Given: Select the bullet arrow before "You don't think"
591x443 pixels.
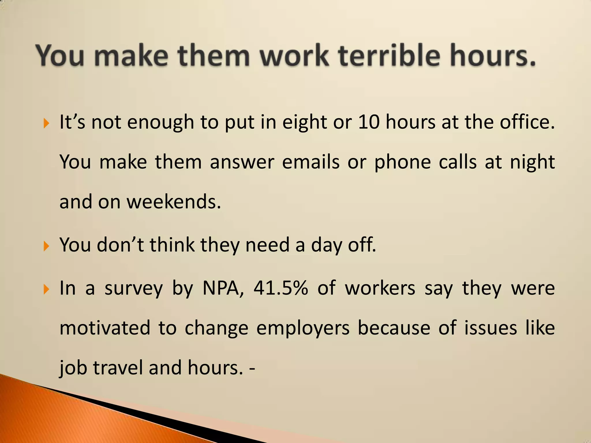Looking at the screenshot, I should pos(46,247).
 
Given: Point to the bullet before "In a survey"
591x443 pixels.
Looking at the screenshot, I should pos(46,289).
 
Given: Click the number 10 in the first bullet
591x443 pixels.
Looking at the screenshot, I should pos(369,122).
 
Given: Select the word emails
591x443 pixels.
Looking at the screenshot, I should pos(311,162).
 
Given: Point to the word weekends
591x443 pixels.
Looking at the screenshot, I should pos(174,202).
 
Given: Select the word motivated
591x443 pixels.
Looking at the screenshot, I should pos(105,328).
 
